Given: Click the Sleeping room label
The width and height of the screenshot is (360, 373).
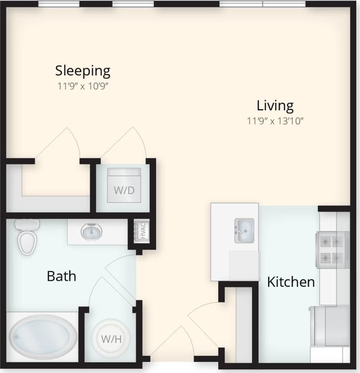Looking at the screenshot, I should (82, 71).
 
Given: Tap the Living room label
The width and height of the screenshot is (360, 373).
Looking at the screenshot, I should (275, 106).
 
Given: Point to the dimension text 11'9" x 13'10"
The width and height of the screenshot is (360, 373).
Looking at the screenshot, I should (275, 121).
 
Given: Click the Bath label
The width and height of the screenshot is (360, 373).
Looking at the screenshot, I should (62, 277).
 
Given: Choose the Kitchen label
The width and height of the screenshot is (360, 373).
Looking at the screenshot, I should (291, 282).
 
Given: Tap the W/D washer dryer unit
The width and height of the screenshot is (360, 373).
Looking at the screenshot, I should (124, 185).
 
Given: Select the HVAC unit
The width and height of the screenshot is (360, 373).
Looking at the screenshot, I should (142, 231).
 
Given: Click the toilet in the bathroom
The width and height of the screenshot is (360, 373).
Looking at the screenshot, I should (27, 238).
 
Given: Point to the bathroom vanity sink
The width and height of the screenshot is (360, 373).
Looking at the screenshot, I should (91, 231).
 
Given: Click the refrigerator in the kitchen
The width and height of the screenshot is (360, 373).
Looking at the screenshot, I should (330, 326).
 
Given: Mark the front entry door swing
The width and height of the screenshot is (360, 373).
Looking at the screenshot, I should (171, 343).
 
